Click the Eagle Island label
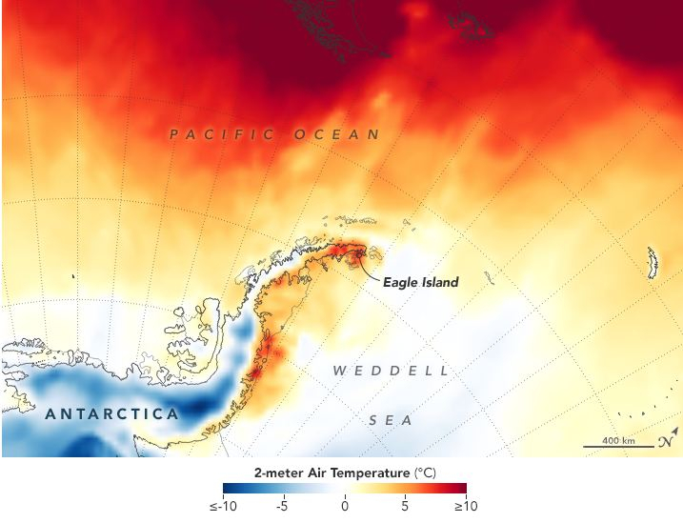[x=420, y=282]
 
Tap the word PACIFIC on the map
[x=222, y=135]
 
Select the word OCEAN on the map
[x=337, y=135]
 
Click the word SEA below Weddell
[x=388, y=419]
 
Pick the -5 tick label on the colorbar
[x=282, y=507]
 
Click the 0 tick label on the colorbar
[x=345, y=507]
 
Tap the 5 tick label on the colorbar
[x=405, y=507]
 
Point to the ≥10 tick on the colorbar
[x=465, y=507]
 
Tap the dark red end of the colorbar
[x=462, y=489]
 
